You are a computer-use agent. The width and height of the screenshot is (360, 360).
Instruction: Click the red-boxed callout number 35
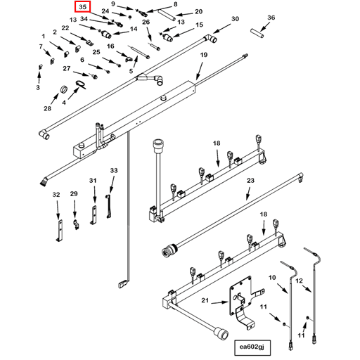(x=82, y=7)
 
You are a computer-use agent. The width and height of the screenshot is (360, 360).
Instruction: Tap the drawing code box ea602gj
(x=252, y=347)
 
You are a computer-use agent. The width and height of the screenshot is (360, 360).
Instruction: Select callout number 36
(x=271, y=18)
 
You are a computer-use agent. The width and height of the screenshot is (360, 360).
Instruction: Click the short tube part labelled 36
(x=257, y=32)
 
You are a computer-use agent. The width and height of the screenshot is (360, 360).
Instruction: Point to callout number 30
(x=235, y=19)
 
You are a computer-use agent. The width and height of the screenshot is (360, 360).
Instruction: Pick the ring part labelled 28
(x=64, y=89)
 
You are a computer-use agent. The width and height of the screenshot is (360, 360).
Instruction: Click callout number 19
(x=204, y=55)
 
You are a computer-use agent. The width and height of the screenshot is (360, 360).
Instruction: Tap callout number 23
(x=250, y=181)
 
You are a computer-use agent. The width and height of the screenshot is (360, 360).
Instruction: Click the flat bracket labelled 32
(x=60, y=230)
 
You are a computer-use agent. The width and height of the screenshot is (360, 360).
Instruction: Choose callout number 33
(x=114, y=170)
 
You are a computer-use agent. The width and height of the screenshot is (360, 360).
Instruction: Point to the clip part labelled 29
(x=75, y=224)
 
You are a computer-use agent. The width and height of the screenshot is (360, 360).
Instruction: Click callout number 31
(x=93, y=181)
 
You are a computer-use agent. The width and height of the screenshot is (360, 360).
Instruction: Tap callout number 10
(x=272, y=278)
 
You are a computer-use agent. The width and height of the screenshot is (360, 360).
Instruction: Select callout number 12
(x=300, y=281)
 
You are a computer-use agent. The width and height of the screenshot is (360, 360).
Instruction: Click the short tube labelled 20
(x=167, y=15)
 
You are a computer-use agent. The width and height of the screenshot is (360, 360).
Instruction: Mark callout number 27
(x=67, y=68)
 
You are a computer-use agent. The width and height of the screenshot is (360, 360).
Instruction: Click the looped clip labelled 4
(x=81, y=85)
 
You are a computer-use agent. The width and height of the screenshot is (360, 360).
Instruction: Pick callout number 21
(x=205, y=300)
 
